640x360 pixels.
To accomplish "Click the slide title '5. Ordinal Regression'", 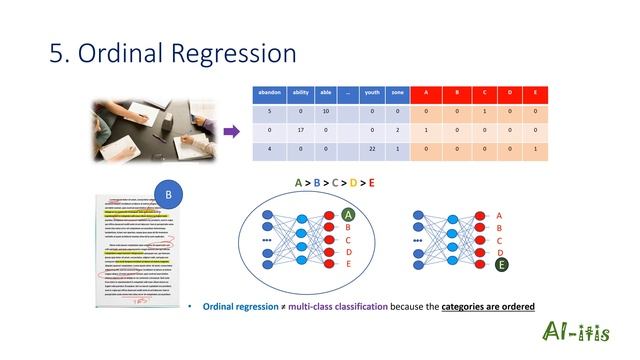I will point(173,52).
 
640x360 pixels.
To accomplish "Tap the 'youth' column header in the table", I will point(372,93).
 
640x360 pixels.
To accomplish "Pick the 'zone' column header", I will point(397,93).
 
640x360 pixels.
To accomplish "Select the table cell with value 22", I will point(372,149).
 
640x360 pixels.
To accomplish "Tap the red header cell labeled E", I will point(535,93).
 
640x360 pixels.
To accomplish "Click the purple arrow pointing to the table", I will point(230,131).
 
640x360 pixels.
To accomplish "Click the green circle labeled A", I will point(349,214).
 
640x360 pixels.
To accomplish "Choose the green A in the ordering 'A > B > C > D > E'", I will point(298,183).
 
